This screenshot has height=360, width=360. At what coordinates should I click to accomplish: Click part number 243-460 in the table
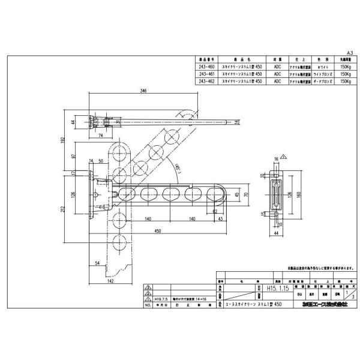(x=206, y=67)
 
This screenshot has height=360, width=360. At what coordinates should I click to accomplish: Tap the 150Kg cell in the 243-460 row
(x=344, y=67)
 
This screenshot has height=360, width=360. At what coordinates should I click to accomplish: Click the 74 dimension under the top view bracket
(x=100, y=136)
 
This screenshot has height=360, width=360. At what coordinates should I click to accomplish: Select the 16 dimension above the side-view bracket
(x=277, y=158)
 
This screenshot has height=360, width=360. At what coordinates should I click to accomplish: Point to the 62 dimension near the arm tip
(x=214, y=211)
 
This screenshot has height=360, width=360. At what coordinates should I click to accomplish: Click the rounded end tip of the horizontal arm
(x=223, y=193)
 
